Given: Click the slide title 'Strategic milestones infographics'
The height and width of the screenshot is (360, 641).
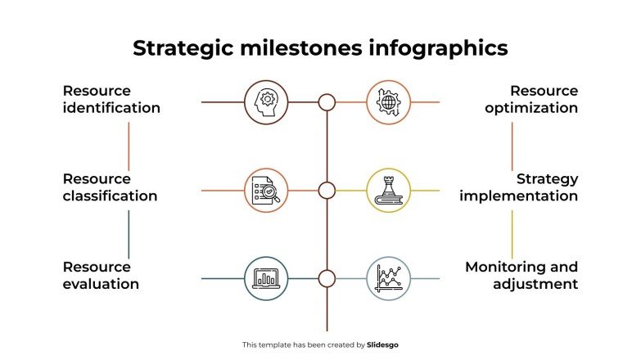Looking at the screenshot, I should [320, 48].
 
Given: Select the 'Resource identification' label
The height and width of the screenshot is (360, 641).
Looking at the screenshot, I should [111, 99].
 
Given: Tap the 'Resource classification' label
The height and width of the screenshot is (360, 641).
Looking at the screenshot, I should [110, 187].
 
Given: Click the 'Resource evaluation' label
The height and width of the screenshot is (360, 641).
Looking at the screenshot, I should [101, 276].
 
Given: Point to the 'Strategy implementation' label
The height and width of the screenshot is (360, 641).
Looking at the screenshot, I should [518, 187].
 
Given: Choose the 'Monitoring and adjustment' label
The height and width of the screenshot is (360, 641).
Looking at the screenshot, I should [521, 276].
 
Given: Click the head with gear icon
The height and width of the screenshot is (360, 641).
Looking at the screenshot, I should [266, 102].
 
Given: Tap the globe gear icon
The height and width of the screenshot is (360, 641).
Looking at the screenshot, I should [387, 102].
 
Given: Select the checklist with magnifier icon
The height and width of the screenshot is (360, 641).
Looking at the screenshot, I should [266, 191].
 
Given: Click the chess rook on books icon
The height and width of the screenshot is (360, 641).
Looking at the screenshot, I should [387, 191].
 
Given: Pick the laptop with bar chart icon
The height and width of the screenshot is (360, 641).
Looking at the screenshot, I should [266, 279].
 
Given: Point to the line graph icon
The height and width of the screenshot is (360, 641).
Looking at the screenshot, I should [387, 279].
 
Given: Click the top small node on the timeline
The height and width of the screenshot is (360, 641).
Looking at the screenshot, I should [327, 102].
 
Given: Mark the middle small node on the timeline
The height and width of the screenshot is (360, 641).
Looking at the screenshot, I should [327, 191].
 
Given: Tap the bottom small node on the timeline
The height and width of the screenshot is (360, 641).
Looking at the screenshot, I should [327, 279].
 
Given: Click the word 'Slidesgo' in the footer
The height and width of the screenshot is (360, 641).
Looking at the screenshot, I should [383, 345].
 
